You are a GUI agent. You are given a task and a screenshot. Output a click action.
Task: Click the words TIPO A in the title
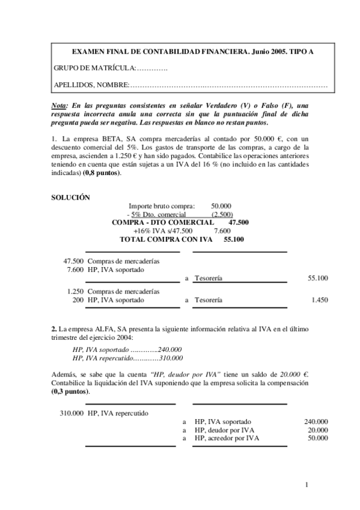pos(300,52)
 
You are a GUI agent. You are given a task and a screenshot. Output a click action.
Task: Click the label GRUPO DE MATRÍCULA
pos(94,69)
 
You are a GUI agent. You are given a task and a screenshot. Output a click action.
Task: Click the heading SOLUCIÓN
pos(70,197)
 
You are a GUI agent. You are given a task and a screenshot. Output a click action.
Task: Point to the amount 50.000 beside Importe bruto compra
pos(221,206)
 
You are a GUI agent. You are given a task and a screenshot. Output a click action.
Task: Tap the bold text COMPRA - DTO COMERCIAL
pos(163,222)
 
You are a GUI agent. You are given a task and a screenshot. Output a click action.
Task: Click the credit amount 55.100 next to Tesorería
pos(317,278)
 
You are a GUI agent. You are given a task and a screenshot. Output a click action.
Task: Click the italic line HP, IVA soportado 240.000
pos(127,349)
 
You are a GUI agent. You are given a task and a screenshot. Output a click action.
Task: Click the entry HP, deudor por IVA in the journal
pos(224,430)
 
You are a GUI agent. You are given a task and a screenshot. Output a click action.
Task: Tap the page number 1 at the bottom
pos(307,485)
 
